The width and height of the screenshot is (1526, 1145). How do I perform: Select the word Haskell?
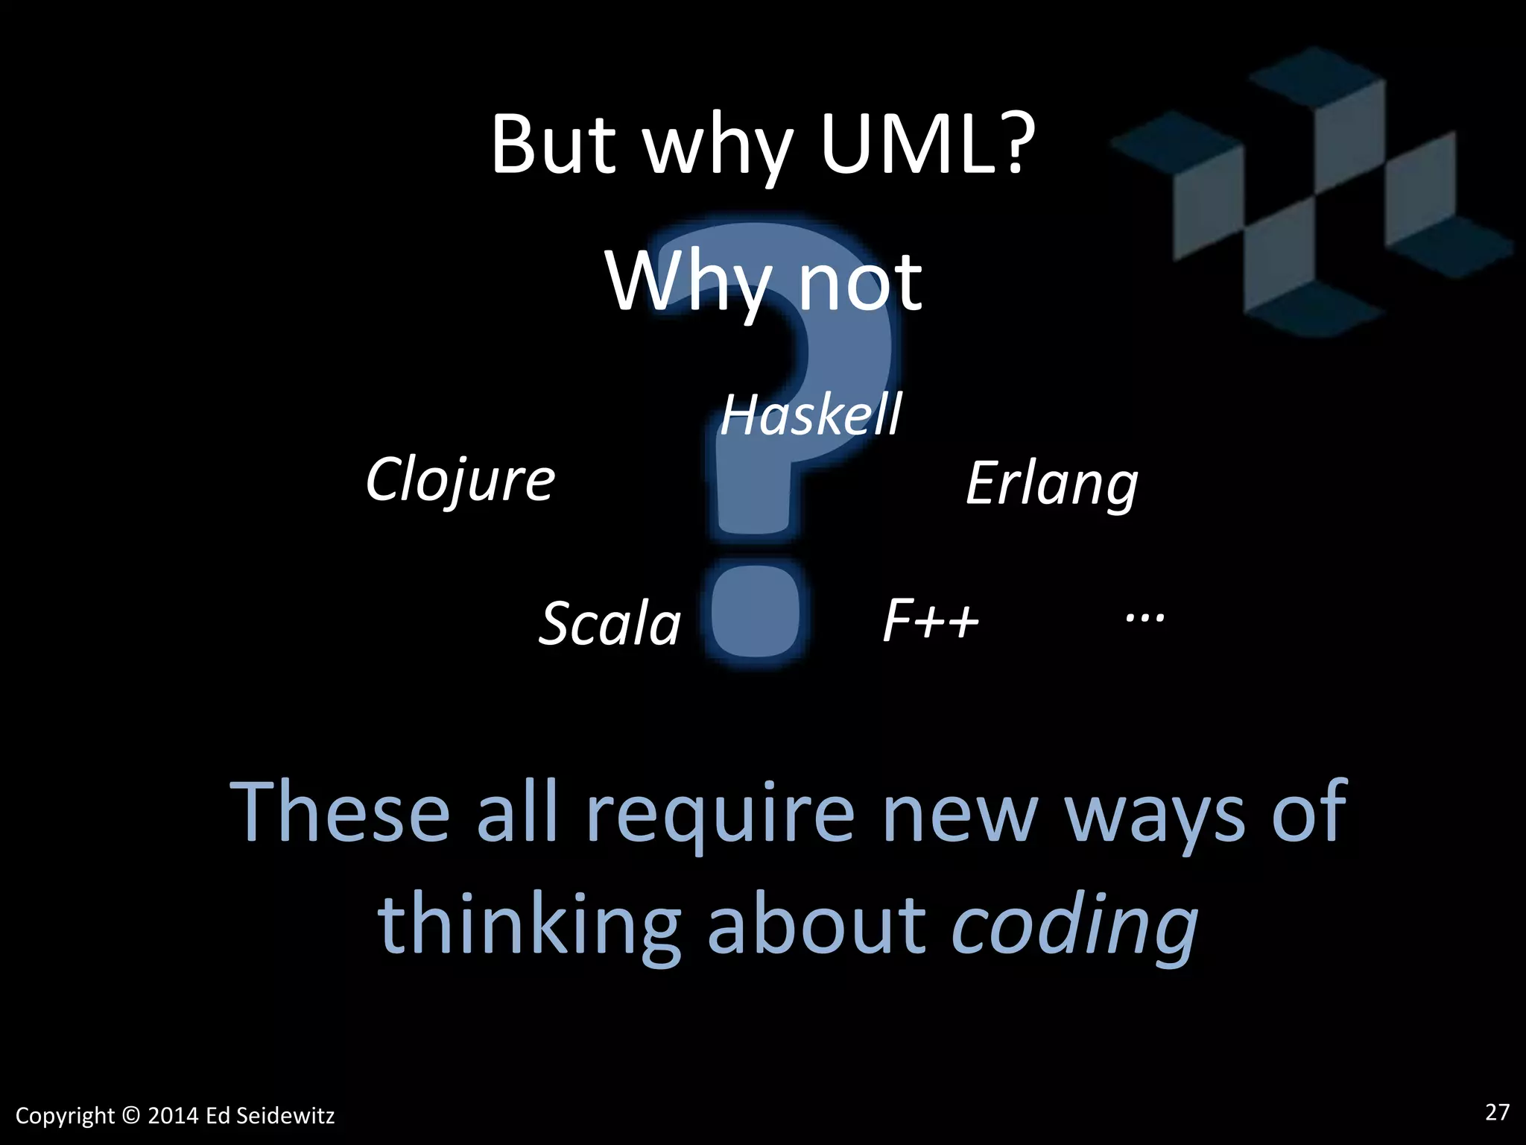pos(811,414)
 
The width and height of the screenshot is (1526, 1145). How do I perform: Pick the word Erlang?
pos(1051,485)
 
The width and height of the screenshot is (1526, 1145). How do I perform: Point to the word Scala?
pos(610,623)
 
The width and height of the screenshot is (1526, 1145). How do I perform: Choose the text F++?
pos(931,620)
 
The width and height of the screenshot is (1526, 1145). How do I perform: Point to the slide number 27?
pos(1497,1112)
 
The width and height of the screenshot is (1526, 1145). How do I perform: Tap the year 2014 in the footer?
pos(173,1115)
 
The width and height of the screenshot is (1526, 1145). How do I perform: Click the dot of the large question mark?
pos(756,611)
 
